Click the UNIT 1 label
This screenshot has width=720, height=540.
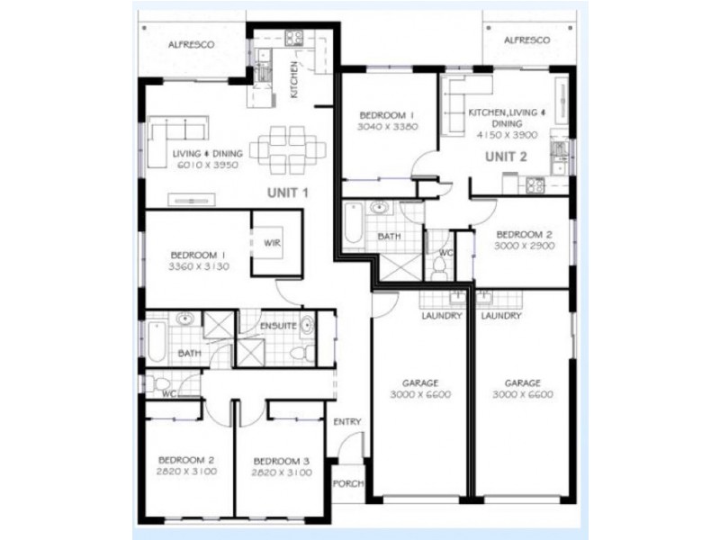287,193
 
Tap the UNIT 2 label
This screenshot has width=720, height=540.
506,157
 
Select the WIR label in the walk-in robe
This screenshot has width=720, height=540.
272,243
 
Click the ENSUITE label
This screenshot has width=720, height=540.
278,326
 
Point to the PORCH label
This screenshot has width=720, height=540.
348,483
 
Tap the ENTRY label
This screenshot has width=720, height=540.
347,421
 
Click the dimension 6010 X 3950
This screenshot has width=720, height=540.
208,165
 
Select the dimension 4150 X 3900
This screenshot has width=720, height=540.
507,135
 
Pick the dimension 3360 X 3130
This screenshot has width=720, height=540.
199,266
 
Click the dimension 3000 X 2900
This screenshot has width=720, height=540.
525,246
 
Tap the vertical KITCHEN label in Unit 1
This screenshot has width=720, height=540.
294,79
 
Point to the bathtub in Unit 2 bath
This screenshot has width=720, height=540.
354,222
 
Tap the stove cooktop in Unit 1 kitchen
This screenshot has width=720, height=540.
294,38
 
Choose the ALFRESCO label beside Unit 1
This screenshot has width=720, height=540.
191,44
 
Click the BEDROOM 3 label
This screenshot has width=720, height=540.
282,461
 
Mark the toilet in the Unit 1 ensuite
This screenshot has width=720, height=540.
302,353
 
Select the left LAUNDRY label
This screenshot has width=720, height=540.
442,316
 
